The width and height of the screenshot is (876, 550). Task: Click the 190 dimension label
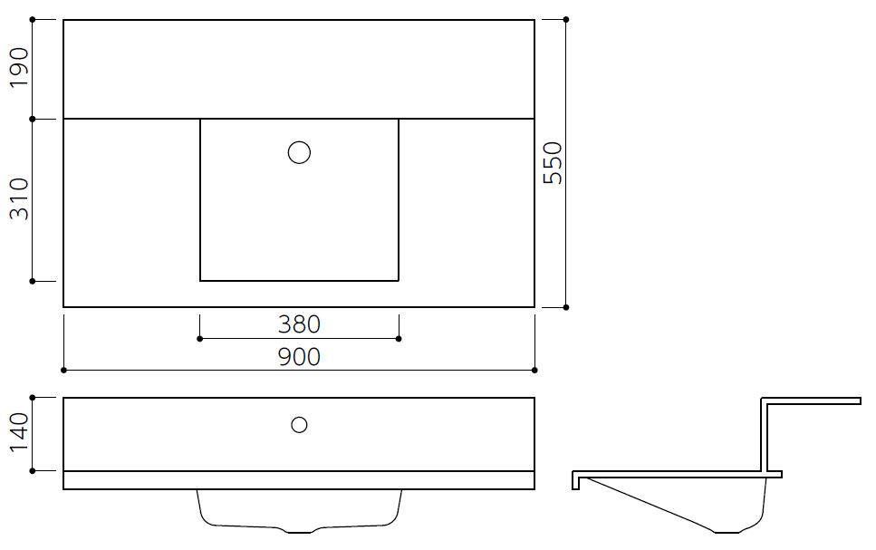tap(19, 67)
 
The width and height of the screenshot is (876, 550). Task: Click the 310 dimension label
tap(19, 199)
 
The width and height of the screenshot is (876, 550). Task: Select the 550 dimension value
tap(554, 163)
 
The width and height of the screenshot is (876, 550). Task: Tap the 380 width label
tap(299, 324)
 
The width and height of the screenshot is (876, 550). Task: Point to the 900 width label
tap(299, 357)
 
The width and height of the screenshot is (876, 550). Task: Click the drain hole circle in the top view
tap(299, 152)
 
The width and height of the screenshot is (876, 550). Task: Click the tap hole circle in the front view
tap(299, 425)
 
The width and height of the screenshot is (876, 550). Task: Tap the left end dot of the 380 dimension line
tap(200, 339)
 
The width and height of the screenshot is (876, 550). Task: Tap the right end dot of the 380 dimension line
tap(399, 339)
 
